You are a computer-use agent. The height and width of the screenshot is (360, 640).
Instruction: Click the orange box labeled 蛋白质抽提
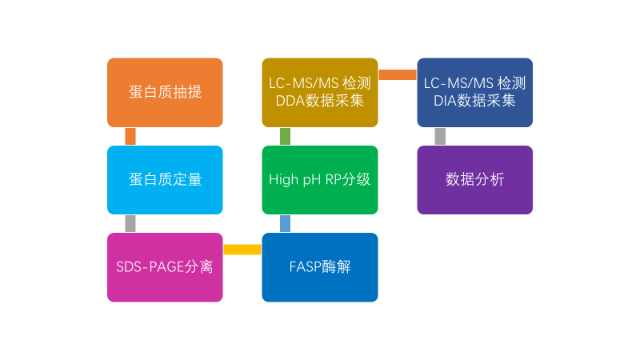pos(165,92)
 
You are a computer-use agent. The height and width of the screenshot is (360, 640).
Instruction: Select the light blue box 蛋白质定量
pos(165,180)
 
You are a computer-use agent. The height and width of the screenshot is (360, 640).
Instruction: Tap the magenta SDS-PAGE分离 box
pos(165,267)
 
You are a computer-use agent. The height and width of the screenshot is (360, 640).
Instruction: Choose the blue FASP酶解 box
pos(320,267)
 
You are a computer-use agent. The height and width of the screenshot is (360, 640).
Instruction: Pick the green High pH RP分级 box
pos(320,180)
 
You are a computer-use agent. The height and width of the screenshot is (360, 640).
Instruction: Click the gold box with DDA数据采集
pos(320,92)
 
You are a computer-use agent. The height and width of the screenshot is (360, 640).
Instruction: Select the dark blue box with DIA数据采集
pos(474,92)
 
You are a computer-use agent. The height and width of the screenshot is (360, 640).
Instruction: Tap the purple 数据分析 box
pos(474,180)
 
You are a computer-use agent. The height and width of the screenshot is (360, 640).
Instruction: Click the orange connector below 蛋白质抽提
pos(130,136)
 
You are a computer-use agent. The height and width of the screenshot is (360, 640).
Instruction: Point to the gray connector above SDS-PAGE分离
pos(130,224)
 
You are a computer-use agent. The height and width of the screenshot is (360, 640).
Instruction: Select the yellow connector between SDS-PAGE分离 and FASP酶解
pos(242,250)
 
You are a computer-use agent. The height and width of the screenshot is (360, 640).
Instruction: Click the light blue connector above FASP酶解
pos(286,224)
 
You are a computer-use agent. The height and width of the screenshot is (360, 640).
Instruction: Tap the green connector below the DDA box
pos(286,136)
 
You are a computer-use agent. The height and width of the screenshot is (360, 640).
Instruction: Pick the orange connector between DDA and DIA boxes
pos(398,74)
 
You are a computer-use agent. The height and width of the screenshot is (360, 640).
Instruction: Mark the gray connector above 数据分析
pos(440,136)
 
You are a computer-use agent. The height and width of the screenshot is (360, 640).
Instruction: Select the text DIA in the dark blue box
pos(445,101)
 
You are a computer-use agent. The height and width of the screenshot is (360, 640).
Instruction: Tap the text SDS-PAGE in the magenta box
pos(150,267)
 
